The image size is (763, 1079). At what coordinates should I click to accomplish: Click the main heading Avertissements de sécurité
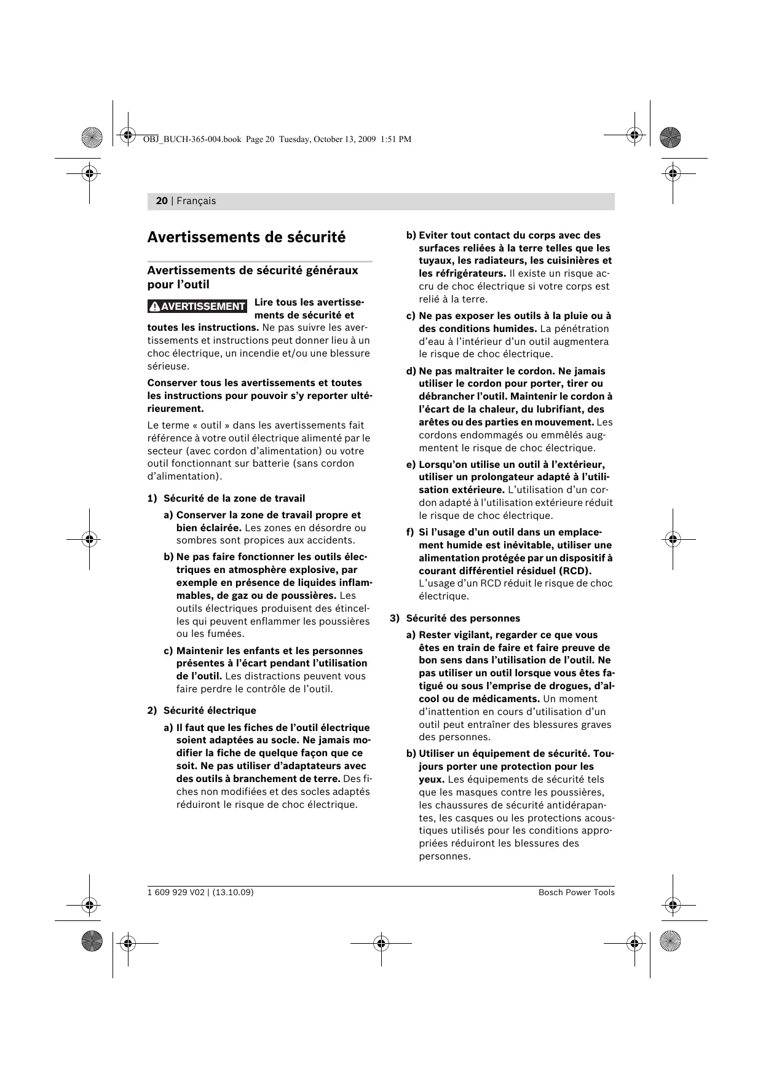(247, 237)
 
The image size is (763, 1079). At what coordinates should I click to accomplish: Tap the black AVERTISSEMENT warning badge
(197, 306)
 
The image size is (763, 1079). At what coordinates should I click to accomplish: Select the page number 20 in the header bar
(162, 201)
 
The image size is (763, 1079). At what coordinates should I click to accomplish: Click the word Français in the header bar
(196, 201)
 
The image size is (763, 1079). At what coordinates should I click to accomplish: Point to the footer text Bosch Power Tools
(576, 892)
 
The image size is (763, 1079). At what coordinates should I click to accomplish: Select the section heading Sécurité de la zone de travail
(234, 498)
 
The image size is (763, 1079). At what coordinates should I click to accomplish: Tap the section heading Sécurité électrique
(210, 710)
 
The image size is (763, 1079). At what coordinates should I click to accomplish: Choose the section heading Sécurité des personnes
(463, 618)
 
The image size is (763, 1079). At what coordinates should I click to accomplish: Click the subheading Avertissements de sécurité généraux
(252, 271)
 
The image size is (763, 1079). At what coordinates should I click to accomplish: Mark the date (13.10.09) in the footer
(232, 892)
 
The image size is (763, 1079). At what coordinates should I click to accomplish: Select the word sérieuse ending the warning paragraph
(168, 366)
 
